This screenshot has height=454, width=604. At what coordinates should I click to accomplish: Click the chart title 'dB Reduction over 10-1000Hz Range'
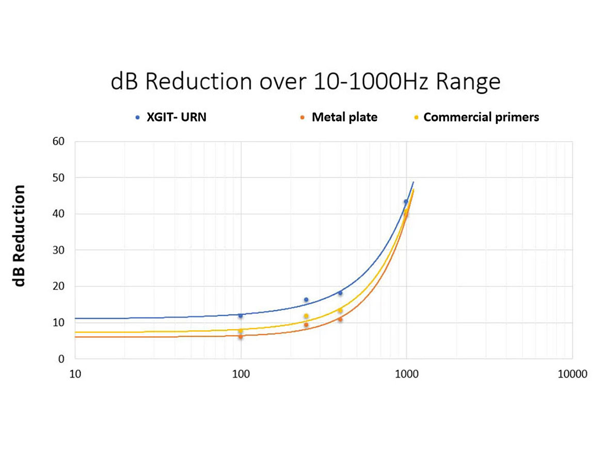click(x=306, y=82)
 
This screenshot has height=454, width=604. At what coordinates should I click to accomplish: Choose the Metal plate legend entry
click(x=344, y=117)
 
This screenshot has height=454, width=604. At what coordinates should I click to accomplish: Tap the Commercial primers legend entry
click(x=481, y=117)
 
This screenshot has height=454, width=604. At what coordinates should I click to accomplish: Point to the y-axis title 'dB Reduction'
click(x=20, y=235)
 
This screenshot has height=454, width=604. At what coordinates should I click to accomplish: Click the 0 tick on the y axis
click(x=60, y=359)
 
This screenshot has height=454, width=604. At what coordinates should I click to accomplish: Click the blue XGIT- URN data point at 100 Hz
click(x=241, y=315)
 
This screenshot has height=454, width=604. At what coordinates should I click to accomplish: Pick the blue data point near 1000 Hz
click(x=406, y=202)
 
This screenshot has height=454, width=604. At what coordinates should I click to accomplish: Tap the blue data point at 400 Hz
click(x=340, y=293)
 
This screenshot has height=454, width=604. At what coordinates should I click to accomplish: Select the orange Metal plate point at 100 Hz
click(x=241, y=337)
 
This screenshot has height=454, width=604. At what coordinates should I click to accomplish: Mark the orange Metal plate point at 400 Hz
click(x=340, y=320)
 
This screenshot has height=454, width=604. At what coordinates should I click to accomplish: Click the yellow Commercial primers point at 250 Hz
click(x=306, y=316)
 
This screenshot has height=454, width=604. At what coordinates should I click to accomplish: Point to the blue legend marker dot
click(x=137, y=118)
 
